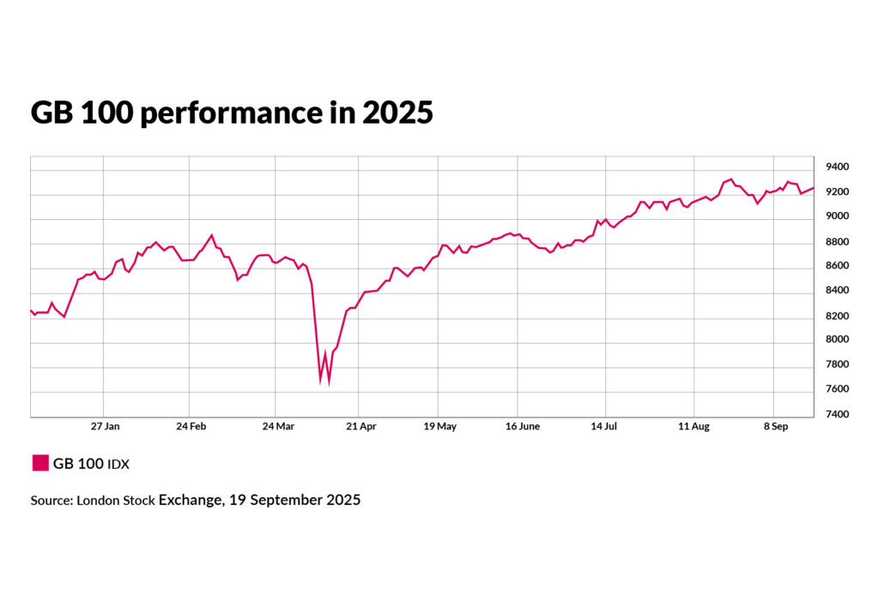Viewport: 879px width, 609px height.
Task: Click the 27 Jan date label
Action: [x=106, y=426]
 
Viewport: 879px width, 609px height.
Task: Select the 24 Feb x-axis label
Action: [x=190, y=426]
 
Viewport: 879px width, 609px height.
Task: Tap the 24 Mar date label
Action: [x=276, y=426]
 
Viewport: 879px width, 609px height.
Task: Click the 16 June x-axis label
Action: [x=522, y=426]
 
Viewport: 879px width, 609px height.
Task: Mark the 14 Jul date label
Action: [x=605, y=426]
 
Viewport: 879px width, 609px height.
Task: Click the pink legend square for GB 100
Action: [x=39, y=464]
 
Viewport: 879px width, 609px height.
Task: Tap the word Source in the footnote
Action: [x=50, y=500]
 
